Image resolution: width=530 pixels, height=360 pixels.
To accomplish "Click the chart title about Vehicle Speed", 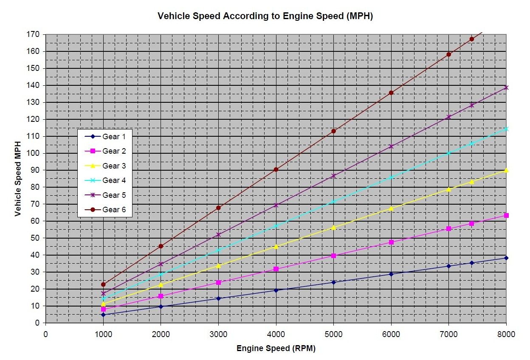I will tap(265, 16).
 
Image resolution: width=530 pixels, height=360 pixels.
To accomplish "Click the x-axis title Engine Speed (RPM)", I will tap(276, 349).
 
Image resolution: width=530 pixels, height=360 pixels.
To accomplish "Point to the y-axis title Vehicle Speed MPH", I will tap(18, 178).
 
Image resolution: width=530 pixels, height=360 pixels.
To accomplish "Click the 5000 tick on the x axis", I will tap(333, 334).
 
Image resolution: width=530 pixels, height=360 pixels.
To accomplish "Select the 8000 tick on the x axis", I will tap(506, 334).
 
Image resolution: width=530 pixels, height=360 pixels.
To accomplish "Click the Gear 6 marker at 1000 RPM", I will tap(103, 284).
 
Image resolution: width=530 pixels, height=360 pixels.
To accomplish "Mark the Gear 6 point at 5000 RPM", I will tap(333, 131).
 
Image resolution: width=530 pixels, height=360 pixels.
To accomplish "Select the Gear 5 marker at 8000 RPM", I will tap(506, 87).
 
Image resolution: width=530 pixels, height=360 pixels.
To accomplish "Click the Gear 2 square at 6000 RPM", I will tap(391, 242).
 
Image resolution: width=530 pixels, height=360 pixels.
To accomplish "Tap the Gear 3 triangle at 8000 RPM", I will tap(506, 170).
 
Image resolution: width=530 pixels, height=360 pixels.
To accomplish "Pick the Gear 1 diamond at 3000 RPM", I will tap(218, 298).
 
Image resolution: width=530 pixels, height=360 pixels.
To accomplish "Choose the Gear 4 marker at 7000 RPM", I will tap(448, 153).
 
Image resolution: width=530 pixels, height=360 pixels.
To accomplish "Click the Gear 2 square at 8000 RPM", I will tap(506, 215).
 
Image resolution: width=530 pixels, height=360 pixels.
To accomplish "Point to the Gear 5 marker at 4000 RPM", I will tap(276, 205).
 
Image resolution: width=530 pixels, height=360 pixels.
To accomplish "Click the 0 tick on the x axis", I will tap(45, 334).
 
